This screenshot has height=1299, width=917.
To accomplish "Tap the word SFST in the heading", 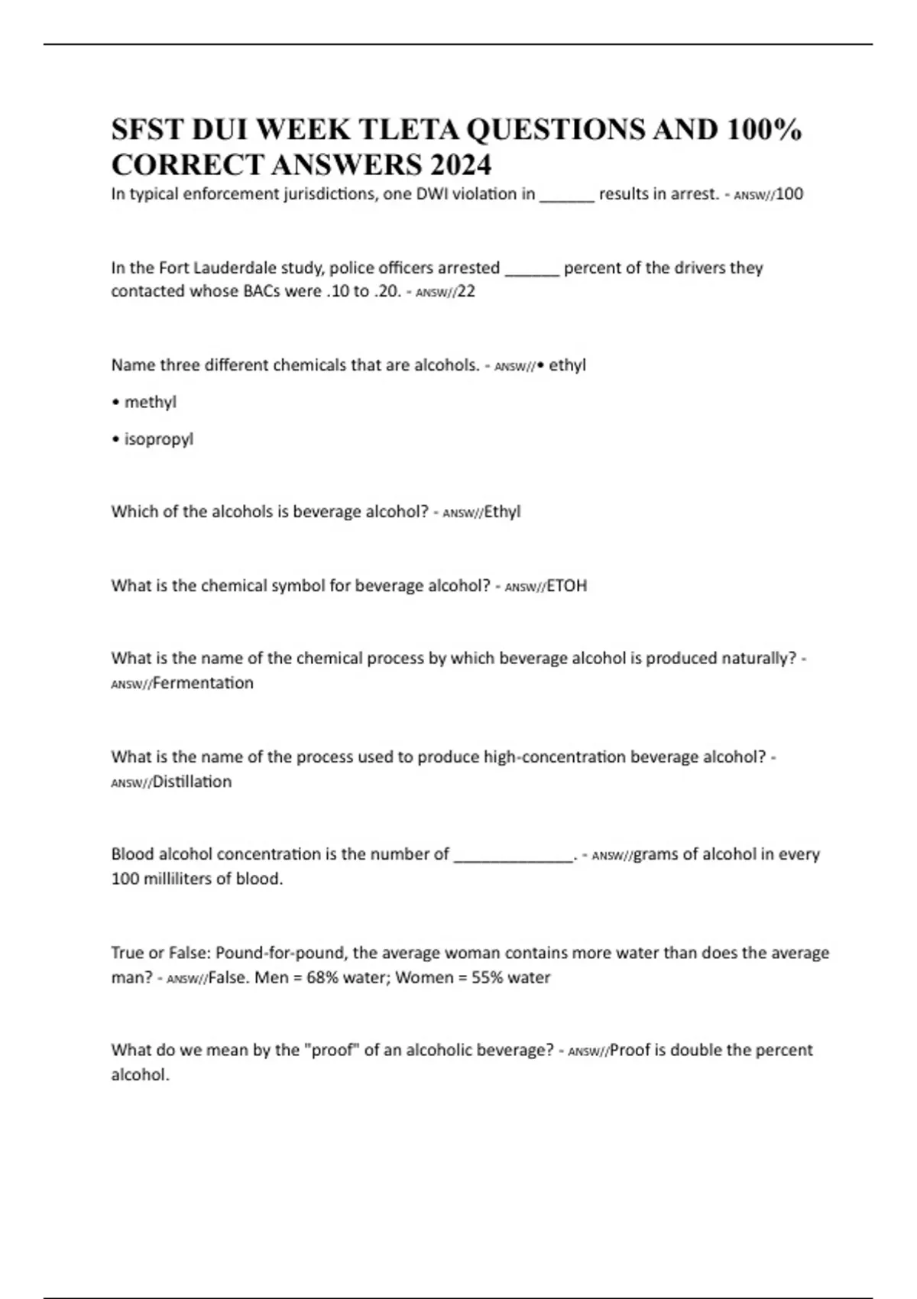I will pyautogui.click(x=146, y=131).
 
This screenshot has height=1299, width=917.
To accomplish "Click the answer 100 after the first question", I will pyautogui.click(x=789, y=194).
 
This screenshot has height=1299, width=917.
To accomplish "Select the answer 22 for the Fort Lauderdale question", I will pyautogui.click(x=466, y=291).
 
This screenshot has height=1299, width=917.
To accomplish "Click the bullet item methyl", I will pyautogui.click(x=150, y=402).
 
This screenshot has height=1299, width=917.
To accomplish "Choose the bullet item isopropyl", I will pyautogui.click(x=158, y=439).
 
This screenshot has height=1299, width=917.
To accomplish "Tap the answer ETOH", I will pyautogui.click(x=567, y=586).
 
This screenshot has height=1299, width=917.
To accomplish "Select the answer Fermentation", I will pyautogui.click(x=203, y=683).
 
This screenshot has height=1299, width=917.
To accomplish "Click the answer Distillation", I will pyautogui.click(x=193, y=782).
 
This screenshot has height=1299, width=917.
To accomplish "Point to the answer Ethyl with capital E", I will pyautogui.click(x=502, y=512).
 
